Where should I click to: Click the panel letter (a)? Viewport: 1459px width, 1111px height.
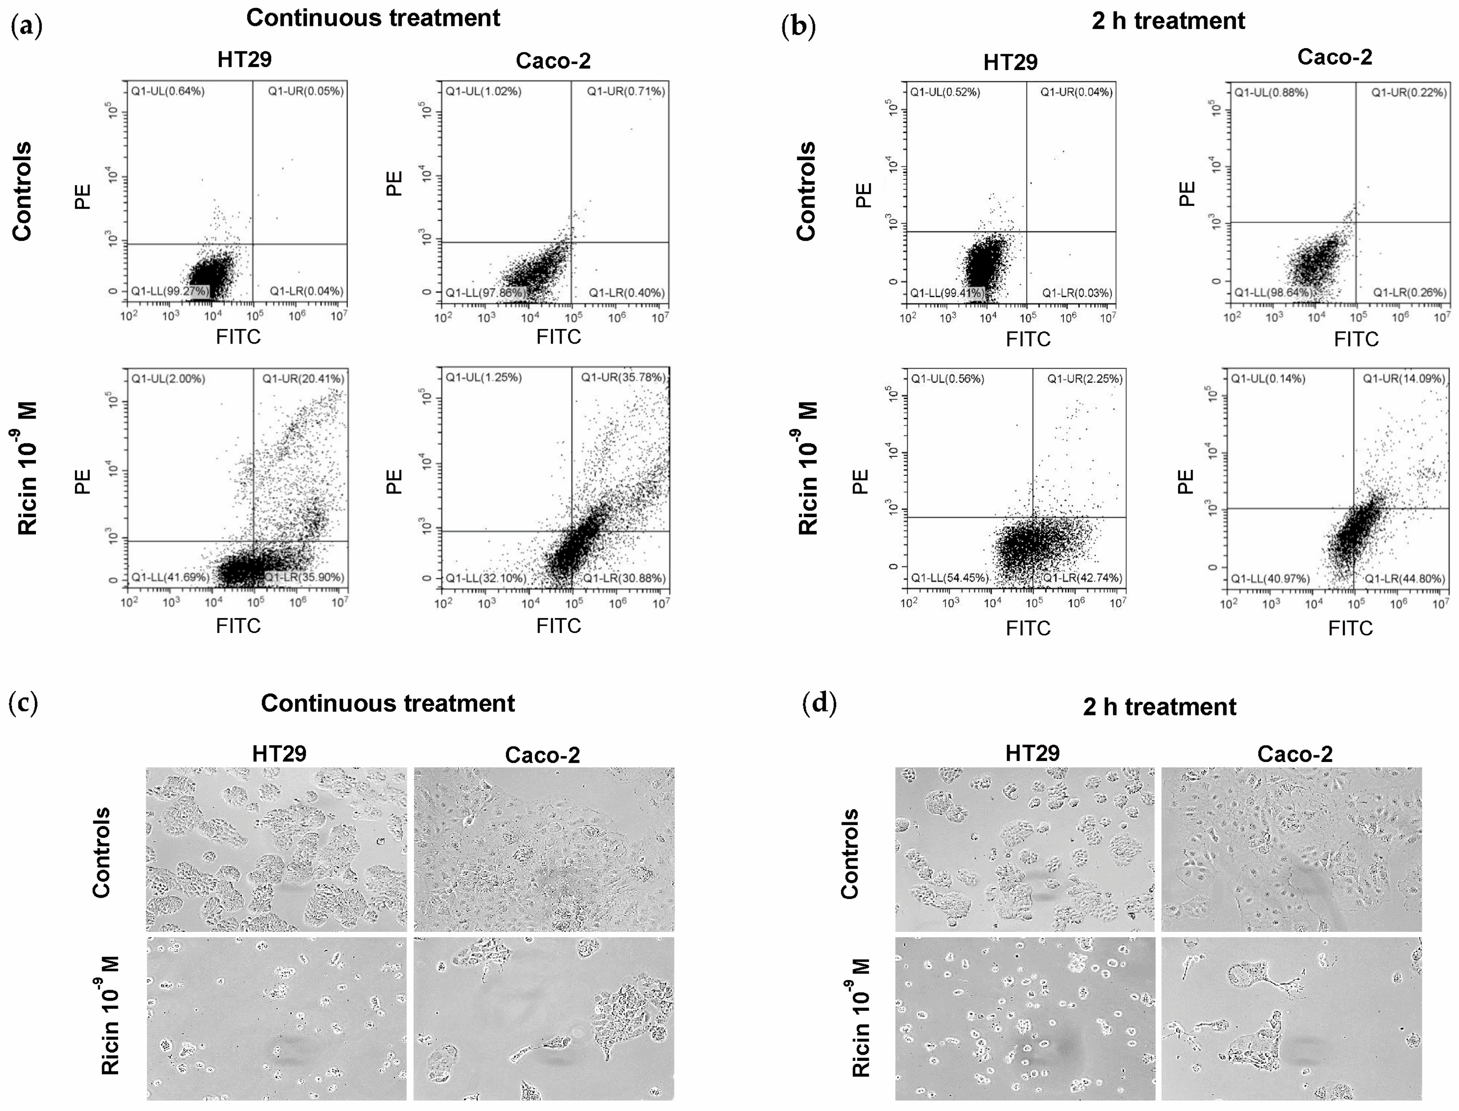click(x=26, y=27)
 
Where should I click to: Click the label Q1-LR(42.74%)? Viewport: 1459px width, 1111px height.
click(x=1082, y=578)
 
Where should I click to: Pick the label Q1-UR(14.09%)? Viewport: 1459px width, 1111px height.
click(x=1403, y=379)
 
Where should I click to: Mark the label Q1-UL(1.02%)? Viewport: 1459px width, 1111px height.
click(x=484, y=91)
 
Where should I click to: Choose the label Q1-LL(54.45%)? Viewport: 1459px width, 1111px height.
click(x=950, y=578)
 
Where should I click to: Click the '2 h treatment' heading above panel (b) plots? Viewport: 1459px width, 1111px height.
click(x=1168, y=21)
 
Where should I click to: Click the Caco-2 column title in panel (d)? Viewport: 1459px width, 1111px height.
click(x=1294, y=754)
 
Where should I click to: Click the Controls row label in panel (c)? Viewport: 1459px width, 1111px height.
click(x=101, y=853)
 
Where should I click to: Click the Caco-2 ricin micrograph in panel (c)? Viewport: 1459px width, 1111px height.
click(x=544, y=1018)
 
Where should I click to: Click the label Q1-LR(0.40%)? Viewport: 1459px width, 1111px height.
click(x=626, y=292)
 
